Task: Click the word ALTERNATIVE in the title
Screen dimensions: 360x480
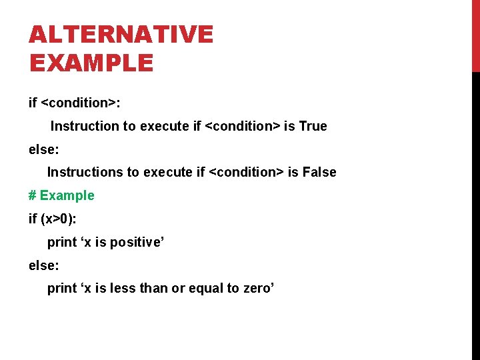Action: [121, 35]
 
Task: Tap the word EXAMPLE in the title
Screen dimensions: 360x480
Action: [91, 63]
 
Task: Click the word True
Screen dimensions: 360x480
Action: [313, 126]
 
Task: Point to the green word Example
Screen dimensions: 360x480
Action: [67, 195]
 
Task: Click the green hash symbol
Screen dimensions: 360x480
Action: [32, 195]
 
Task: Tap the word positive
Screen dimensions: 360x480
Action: [137, 242]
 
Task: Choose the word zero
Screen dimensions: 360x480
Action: [258, 288]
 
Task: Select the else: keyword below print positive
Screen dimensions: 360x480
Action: [44, 265]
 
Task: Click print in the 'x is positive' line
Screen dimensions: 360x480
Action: [61, 242]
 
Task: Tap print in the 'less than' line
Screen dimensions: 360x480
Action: [61, 288]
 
